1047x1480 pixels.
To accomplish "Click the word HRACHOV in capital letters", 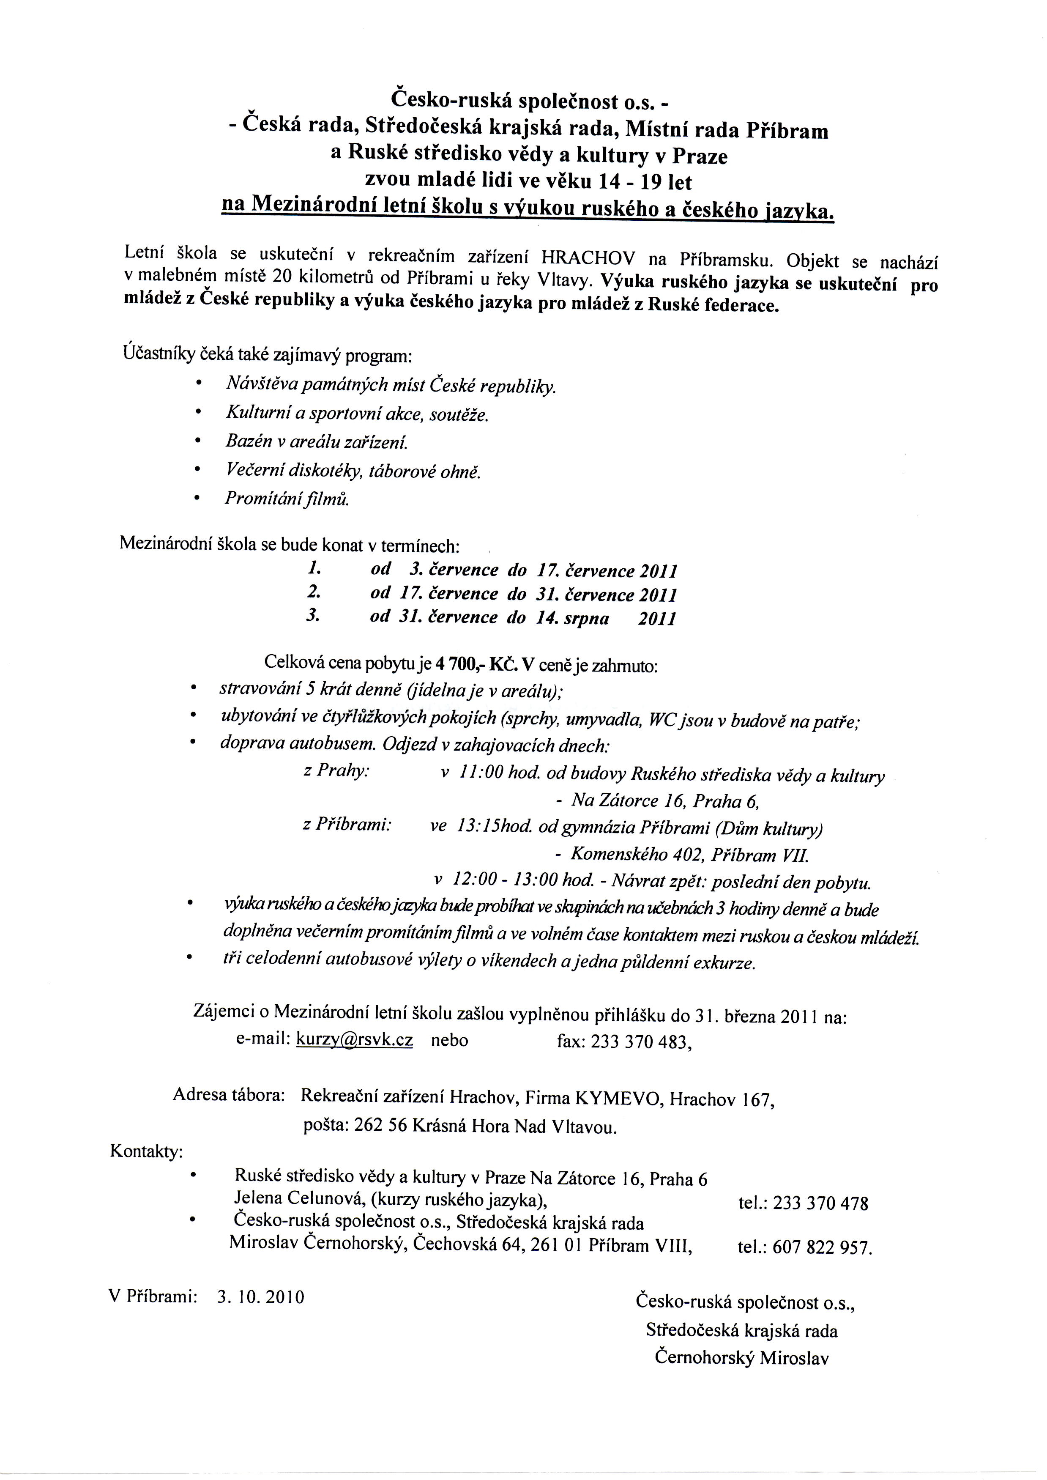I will [588, 258].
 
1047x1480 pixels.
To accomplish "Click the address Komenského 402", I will [630, 855].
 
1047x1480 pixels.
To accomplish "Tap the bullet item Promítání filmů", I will [287, 499].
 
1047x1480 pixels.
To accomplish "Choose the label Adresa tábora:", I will [229, 1095].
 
